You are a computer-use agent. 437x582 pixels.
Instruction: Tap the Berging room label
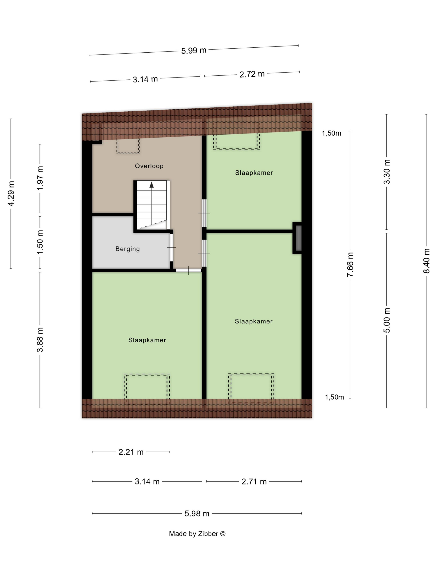[128, 249]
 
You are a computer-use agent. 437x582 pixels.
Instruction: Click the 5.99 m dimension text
[194, 50]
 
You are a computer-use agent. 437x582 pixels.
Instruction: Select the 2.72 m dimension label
[252, 74]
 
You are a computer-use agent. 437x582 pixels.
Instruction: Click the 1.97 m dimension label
[40, 178]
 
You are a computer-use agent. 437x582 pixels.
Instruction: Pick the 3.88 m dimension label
[40, 340]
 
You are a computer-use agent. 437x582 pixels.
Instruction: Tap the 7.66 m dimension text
[350, 265]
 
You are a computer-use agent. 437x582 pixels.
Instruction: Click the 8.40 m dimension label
[426, 261]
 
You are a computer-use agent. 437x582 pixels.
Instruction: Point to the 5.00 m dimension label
[386, 320]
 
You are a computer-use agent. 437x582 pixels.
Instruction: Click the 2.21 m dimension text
[131, 452]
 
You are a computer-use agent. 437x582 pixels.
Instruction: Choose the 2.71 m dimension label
[254, 481]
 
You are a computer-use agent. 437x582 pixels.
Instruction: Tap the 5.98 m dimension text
[197, 513]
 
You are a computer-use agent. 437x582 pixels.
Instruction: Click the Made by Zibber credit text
[197, 534]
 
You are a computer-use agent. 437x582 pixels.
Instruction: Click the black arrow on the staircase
[151, 185]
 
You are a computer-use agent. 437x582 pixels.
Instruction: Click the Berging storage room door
[171, 248]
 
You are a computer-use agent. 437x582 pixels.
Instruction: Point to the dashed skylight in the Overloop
[128, 141]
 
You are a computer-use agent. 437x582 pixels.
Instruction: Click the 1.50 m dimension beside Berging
[40, 242]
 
